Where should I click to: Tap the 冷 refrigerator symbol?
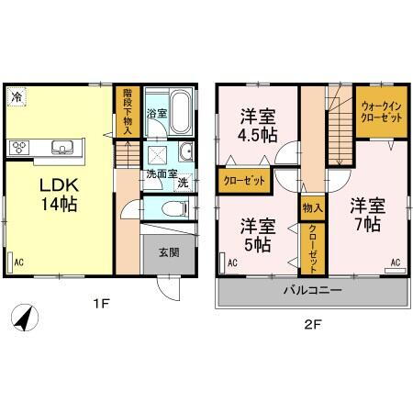[17, 95]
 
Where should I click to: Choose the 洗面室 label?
[160, 173]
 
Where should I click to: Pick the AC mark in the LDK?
[17, 260]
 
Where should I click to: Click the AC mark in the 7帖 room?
[396, 262]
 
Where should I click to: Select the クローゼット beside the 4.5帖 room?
[245, 181]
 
